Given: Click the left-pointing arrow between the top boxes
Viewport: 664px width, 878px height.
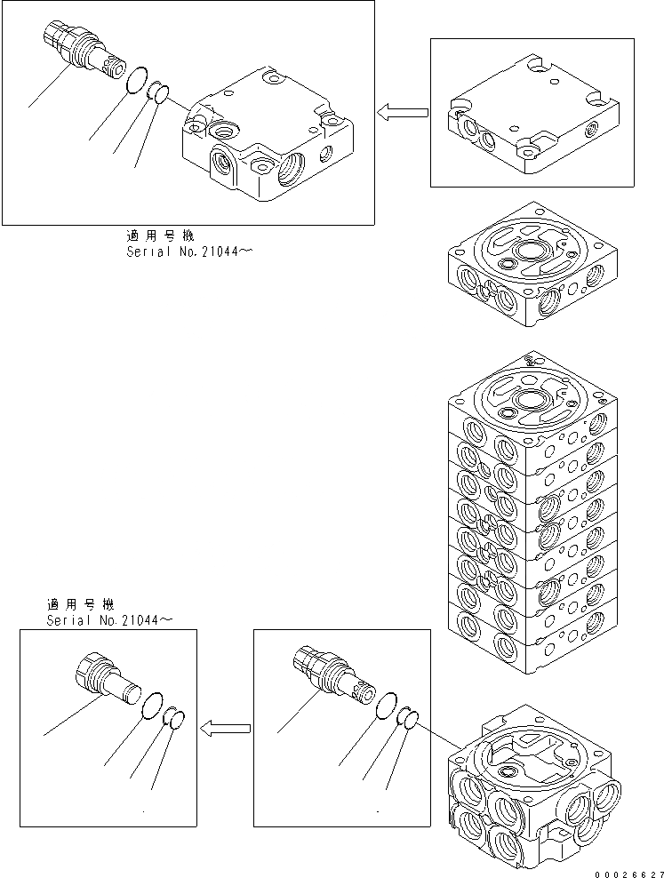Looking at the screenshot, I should [401, 113].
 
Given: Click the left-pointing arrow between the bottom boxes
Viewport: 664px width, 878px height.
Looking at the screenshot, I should [223, 729].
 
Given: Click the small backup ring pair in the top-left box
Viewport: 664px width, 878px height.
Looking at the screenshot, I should [157, 92].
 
